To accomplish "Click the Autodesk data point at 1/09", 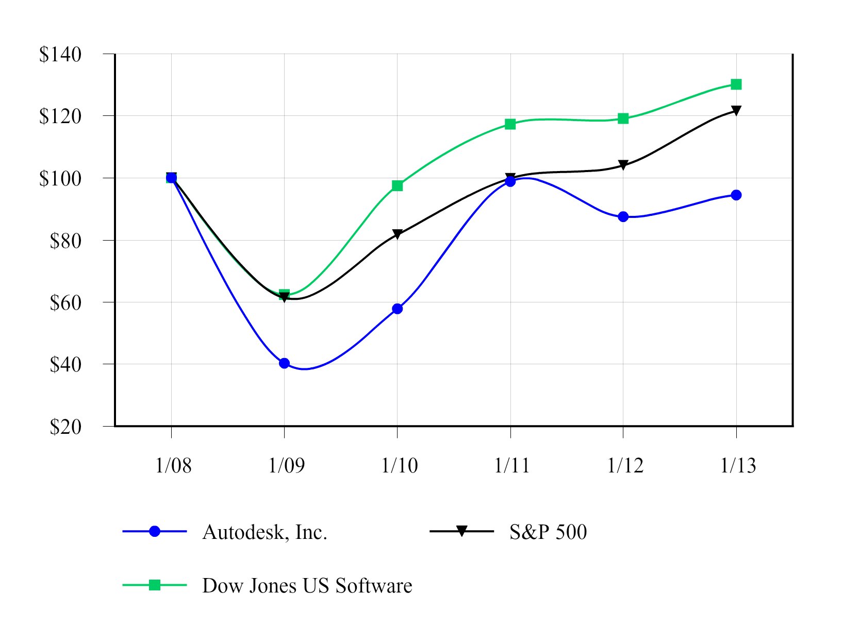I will tap(284, 363).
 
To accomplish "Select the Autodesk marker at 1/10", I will tap(397, 309).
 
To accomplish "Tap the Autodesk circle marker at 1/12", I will tap(623, 216).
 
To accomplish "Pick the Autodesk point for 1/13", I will tap(736, 195).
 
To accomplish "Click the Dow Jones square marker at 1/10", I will tap(397, 185).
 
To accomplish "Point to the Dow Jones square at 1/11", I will tap(510, 124).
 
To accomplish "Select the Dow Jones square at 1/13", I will tap(736, 84).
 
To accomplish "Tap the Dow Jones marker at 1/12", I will tap(623, 118).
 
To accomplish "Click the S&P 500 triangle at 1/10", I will tap(397, 234).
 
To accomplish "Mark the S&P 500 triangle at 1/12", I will tap(623, 165).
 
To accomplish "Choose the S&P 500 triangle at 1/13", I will tap(736, 111).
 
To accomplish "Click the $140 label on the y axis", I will tap(60, 54).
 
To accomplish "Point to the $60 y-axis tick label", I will tap(65, 302).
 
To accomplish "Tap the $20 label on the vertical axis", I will tap(65, 427).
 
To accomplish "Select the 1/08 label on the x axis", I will tap(173, 465).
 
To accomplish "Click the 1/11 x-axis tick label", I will tap(512, 465).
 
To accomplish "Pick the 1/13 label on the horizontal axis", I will tap(738, 465).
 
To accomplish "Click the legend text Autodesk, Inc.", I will tap(265, 532).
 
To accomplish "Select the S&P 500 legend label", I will tap(548, 532).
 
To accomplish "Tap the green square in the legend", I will tap(154, 585).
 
